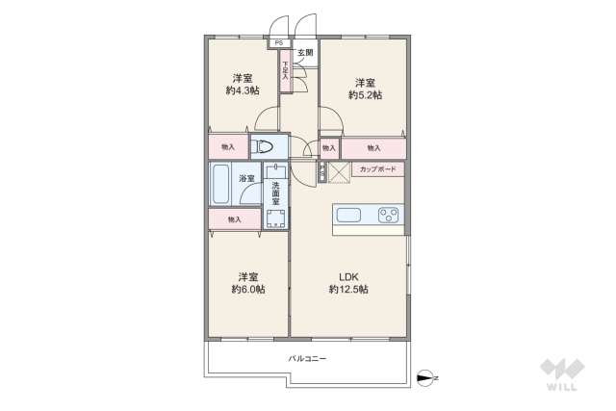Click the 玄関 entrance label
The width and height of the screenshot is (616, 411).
(x=304, y=52)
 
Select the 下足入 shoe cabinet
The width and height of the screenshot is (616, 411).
(x=286, y=72)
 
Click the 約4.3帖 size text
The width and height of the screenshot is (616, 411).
(x=242, y=90)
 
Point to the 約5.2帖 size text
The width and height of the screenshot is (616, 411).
(x=365, y=94)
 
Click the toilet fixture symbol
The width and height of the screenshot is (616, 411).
(x=265, y=148)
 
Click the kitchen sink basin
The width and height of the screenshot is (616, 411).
(x=347, y=215)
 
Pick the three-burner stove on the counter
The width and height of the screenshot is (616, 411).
(x=389, y=215)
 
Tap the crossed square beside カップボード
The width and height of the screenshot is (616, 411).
(x=338, y=171)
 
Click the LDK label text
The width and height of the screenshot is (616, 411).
(x=348, y=275)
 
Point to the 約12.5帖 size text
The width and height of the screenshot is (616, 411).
(x=348, y=289)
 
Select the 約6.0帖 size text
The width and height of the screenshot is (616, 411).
(x=248, y=289)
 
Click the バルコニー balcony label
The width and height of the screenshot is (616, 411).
(x=307, y=358)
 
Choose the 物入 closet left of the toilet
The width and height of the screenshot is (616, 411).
(x=228, y=147)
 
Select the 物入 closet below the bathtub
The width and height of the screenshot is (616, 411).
(x=234, y=219)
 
